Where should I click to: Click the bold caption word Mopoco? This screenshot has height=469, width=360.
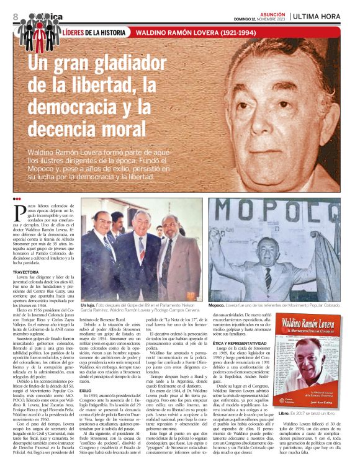(x=215, y=306)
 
